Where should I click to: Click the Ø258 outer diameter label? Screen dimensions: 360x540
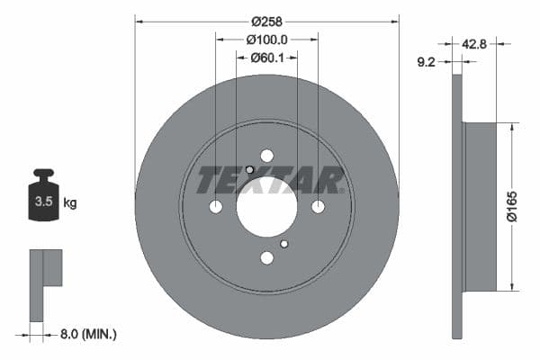267,21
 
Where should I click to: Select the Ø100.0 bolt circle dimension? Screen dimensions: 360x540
267,40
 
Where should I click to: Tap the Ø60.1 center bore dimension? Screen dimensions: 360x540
267,58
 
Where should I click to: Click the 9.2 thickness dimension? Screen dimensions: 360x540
428,63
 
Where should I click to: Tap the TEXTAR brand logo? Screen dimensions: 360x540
270,180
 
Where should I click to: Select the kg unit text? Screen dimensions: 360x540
70,203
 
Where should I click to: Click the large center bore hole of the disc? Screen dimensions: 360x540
266,206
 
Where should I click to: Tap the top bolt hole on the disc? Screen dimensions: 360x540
266,156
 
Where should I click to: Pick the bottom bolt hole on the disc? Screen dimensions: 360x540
266,258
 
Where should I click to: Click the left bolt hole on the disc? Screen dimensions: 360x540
216,207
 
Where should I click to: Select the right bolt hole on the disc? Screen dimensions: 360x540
318,207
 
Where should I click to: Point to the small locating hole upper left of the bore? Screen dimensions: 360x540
249,170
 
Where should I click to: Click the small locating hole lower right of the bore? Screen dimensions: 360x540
284,243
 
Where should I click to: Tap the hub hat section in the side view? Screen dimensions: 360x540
480,207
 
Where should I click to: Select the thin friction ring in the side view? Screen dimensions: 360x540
456,207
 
